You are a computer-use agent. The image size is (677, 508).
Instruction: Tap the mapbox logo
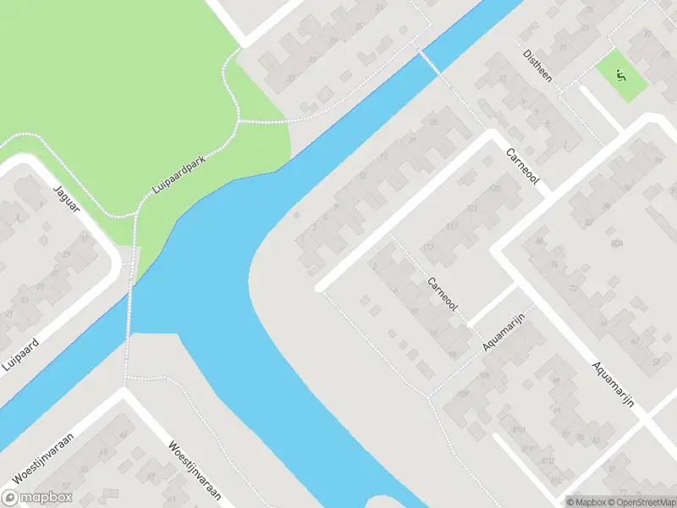coord(37,498)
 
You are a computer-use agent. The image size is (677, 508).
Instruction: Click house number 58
coord(658,362)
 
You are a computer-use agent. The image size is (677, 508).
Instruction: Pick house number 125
coord(494,187)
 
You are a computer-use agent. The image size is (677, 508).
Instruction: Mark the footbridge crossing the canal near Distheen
coord(431,62)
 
